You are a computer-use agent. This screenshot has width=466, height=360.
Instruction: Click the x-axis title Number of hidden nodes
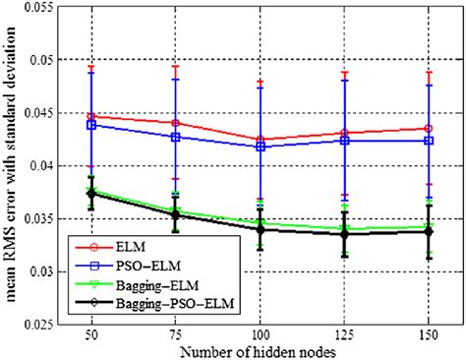[x=257, y=351]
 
